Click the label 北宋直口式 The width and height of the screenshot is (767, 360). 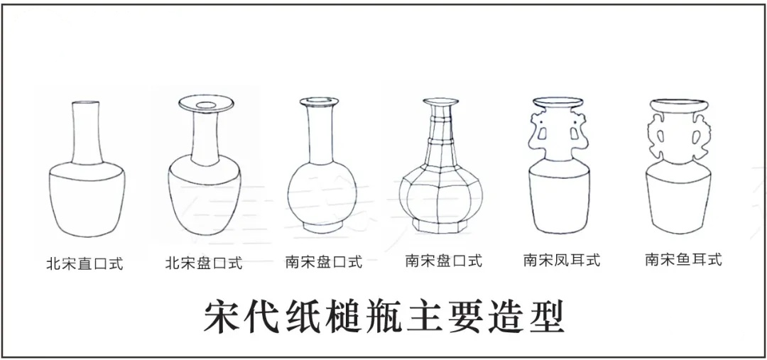[x=85, y=263]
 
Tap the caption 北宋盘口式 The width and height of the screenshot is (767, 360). [x=204, y=263]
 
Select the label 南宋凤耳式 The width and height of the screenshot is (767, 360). [x=562, y=260]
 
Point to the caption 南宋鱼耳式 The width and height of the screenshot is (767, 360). [x=683, y=259]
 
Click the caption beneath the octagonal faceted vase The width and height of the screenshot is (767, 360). [x=444, y=261]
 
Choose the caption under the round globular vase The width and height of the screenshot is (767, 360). [x=324, y=262]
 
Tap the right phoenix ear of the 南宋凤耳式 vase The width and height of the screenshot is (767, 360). [x=582, y=131]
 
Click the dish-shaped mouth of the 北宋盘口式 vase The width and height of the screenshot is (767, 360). [x=206, y=104]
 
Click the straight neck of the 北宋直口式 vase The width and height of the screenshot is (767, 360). [x=87, y=133]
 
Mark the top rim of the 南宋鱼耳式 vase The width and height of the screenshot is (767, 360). [x=678, y=105]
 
